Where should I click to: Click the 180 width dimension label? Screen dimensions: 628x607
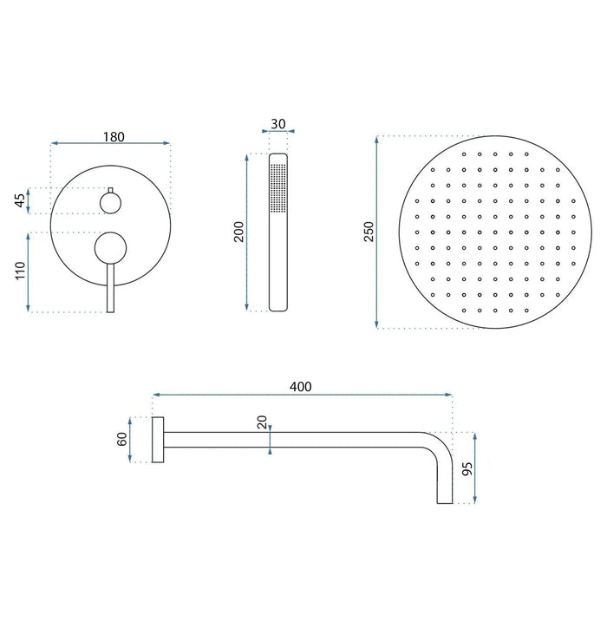[x=113, y=136]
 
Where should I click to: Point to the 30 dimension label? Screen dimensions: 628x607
[x=277, y=123]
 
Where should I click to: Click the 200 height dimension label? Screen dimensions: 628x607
[x=239, y=232]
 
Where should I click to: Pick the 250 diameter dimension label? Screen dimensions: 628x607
[x=368, y=232]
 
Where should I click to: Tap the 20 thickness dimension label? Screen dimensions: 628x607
[x=262, y=424]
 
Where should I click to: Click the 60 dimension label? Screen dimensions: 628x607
[x=122, y=439]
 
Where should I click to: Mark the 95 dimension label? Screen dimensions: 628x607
[x=467, y=469]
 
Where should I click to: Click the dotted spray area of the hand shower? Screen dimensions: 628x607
[x=277, y=185]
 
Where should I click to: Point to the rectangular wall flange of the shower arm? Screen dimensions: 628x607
[x=158, y=440]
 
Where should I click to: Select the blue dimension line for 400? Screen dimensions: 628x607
[x=301, y=396]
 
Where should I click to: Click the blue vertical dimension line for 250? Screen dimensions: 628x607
[x=377, y=232]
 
